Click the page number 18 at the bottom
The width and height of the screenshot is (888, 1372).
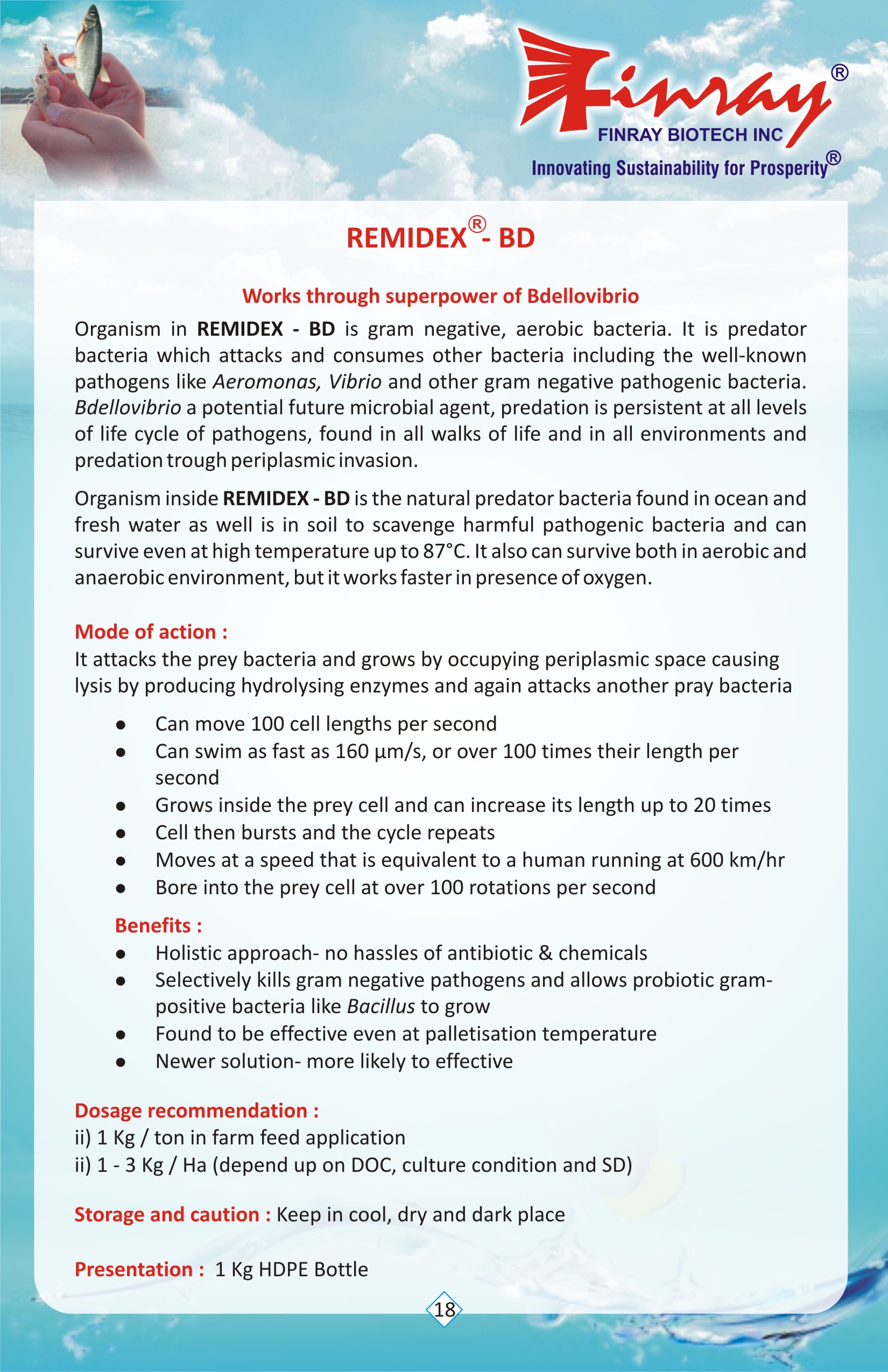tap(444, 1309)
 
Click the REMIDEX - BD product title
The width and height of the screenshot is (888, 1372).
tap(441, 237)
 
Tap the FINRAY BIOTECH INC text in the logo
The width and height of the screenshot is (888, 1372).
tap(689, 135)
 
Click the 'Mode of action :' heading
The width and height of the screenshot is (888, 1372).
tap(151, 632)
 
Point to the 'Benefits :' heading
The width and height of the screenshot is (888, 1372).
tap(159, 925)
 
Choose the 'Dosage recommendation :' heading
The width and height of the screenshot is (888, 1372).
tap(196, 1111)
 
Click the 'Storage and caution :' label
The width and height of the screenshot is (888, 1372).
tap(172, 1214)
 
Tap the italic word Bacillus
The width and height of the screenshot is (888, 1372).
tap(380, 1006)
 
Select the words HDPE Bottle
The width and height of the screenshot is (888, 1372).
tap(313, 1269)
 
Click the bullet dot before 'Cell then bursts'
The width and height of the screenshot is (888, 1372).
tap(121, 833)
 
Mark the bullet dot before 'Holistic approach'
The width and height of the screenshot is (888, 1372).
tap(121, 953)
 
